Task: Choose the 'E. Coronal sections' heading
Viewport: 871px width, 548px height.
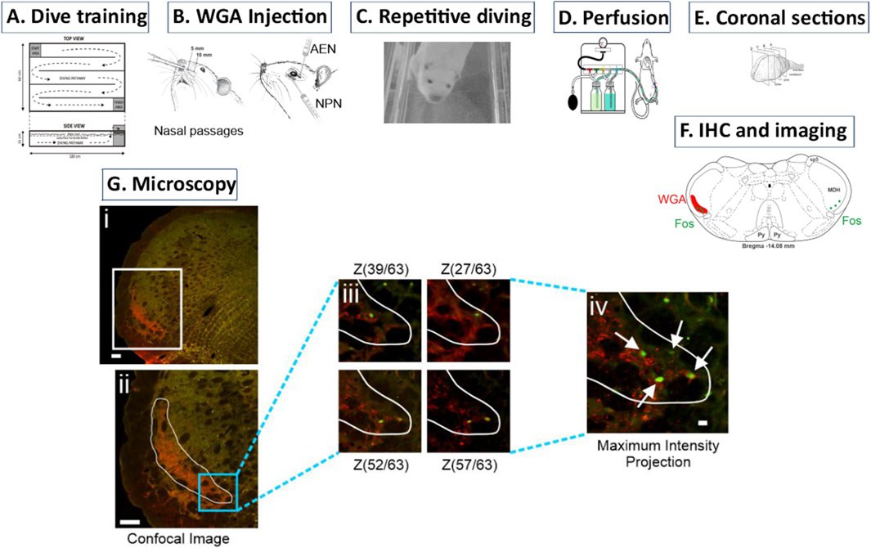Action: click(x=778, y=16)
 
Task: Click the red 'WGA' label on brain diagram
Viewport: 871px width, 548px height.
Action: click(x=672, y=199)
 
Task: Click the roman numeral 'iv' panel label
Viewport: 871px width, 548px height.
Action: click(x=599, y=308)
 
